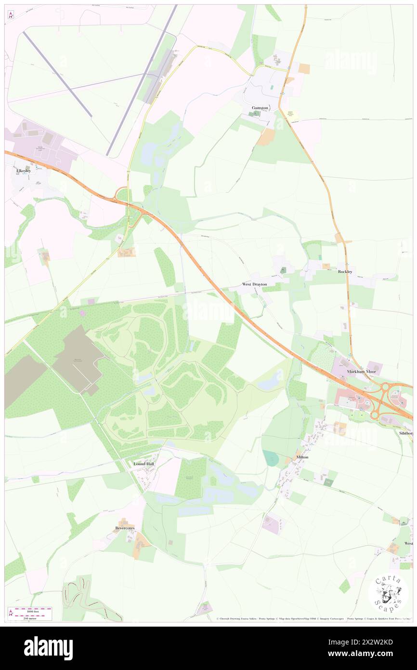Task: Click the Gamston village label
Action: click(259, 107)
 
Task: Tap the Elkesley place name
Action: click(24, 171)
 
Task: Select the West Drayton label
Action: click(254, 285)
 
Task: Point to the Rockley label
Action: click(345, 272)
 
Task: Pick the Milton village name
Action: click(301, 457)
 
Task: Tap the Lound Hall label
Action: click(143, 464)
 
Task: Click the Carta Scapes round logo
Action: click(388, 593)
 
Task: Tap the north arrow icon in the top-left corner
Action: click(10, 15)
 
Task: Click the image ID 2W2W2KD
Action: click(381, 643)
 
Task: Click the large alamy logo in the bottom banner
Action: click(48, 648)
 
